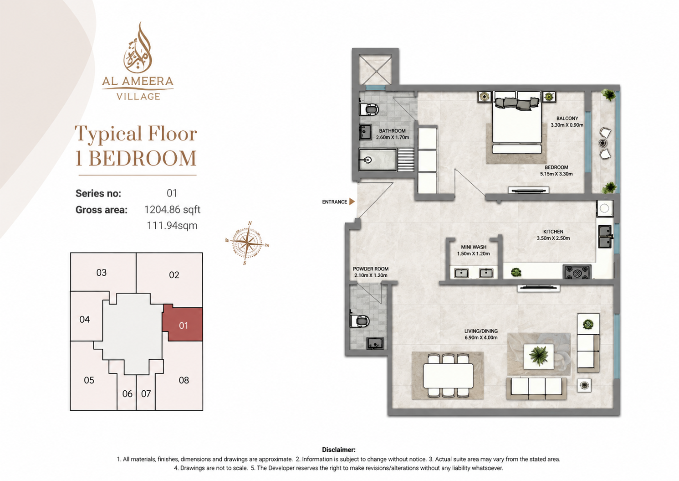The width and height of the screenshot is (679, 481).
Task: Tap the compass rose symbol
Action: (247, 243)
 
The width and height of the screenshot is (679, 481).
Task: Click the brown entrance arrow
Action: (352, 202)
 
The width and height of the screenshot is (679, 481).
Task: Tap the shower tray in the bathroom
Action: (378, 159)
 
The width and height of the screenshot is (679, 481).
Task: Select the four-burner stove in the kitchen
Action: (577, 272)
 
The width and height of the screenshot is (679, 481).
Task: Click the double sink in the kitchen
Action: (605, 237)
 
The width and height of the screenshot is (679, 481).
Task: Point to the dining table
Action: (448, 376)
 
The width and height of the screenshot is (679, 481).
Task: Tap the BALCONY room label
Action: (567, 119)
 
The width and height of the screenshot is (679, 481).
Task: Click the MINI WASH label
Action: (474, 247)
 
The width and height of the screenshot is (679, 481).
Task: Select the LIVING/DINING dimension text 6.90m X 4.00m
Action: (481, 337)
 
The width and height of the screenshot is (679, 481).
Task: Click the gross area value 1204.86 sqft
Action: (172, 209)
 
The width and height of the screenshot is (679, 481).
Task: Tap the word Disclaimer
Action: (339, 450)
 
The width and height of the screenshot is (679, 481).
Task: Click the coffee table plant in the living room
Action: (539, 356)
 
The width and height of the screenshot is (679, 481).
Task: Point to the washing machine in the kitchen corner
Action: (605, 208)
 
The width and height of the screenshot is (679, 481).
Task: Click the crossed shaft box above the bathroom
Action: (375, 70)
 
